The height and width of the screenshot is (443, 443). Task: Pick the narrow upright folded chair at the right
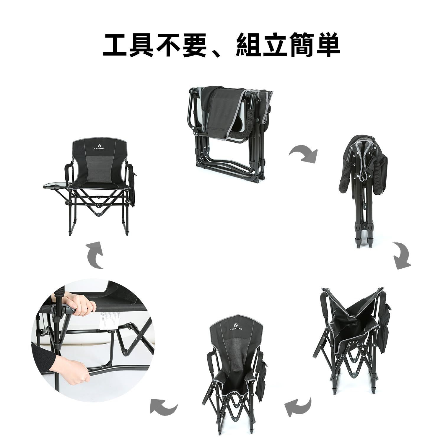[x=365, y=183]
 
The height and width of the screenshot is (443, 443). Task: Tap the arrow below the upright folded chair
[x=402, y=256]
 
